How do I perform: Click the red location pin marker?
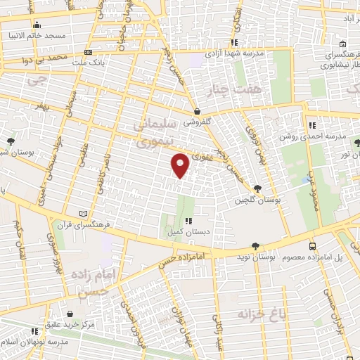[181, 165]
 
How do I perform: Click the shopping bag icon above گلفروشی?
[198, 110]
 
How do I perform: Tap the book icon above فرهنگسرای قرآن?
[84, 214]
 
